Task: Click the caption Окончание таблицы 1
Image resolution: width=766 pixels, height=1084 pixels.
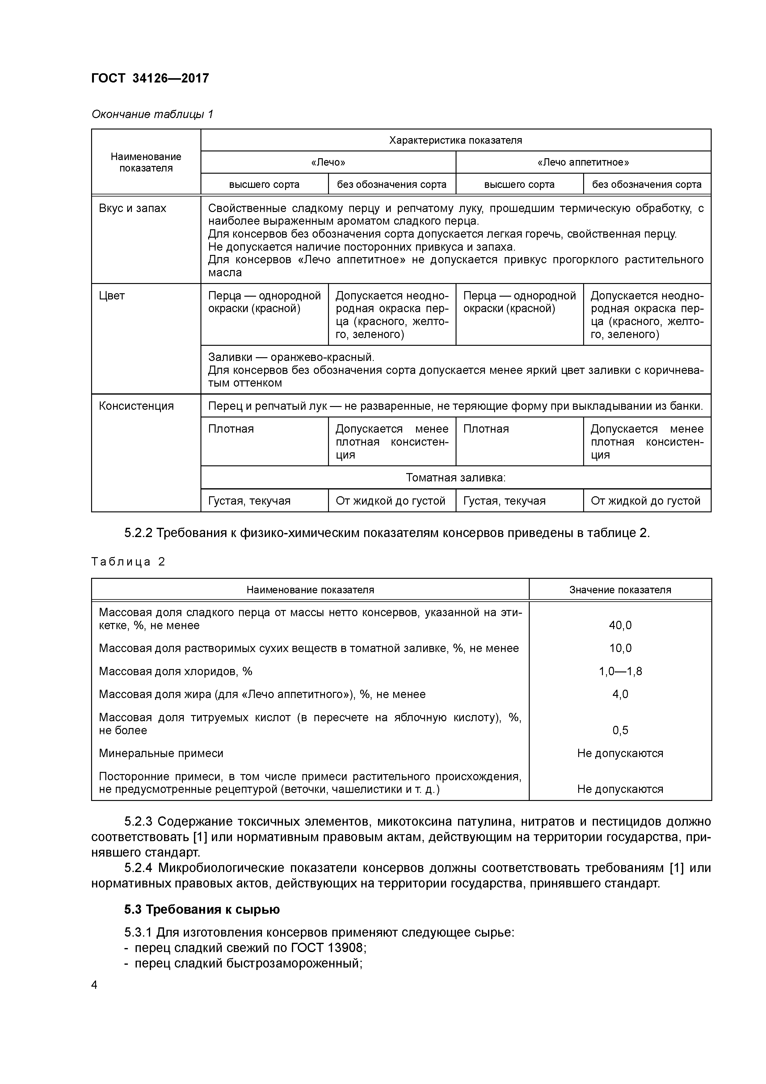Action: pyautogui.click(x=152, y=114)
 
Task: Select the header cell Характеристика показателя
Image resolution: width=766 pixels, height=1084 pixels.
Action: pyautogui.click(x=456, y=140)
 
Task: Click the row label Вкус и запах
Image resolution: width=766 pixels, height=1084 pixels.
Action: pyautogui.click(x=133, y=208)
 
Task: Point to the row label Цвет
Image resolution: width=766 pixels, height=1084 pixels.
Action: pyautogui.click(x=112, y=295)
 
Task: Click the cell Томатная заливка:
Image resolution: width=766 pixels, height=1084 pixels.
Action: pyautogui.click(x=456, y=478)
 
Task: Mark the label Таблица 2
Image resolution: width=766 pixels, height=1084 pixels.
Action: pyautogui.click(x=128, y=562)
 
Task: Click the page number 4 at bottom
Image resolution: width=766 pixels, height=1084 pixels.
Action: pyautogui.click(x=95, y=985)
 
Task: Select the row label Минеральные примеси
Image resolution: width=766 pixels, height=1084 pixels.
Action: pyautogui.click(x=161, y=753)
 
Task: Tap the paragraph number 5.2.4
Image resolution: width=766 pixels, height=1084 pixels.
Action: pyautogui.click(x=138, y=868)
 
